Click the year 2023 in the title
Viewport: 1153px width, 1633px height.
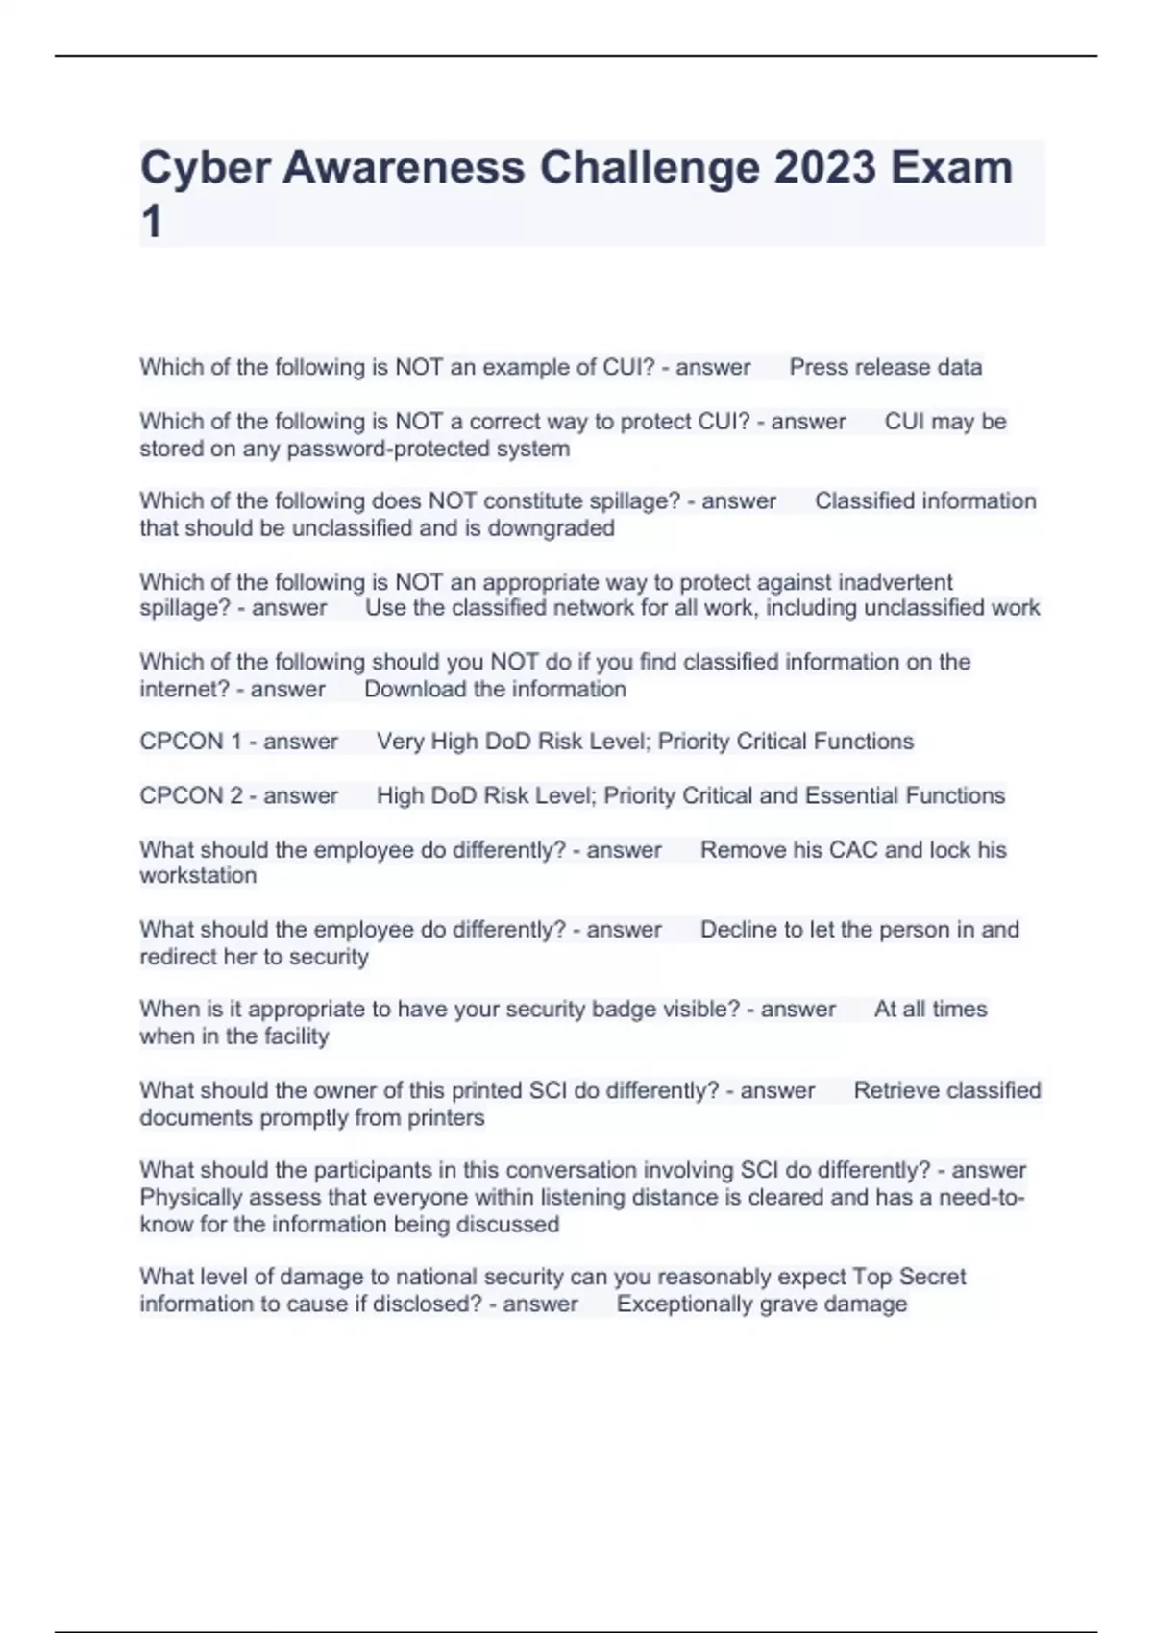tap(825, 167)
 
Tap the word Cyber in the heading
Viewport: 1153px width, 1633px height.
tap(202, 167)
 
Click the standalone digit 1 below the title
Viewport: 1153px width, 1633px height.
tap(151, 223)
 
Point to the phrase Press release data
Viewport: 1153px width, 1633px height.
tap(885, 367)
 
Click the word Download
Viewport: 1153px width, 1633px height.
tap(415, 689)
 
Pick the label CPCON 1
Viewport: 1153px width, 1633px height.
tap(190, 742)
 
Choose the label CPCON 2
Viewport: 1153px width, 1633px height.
tap(190, 795)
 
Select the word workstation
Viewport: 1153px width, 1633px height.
tap(198, 876)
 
